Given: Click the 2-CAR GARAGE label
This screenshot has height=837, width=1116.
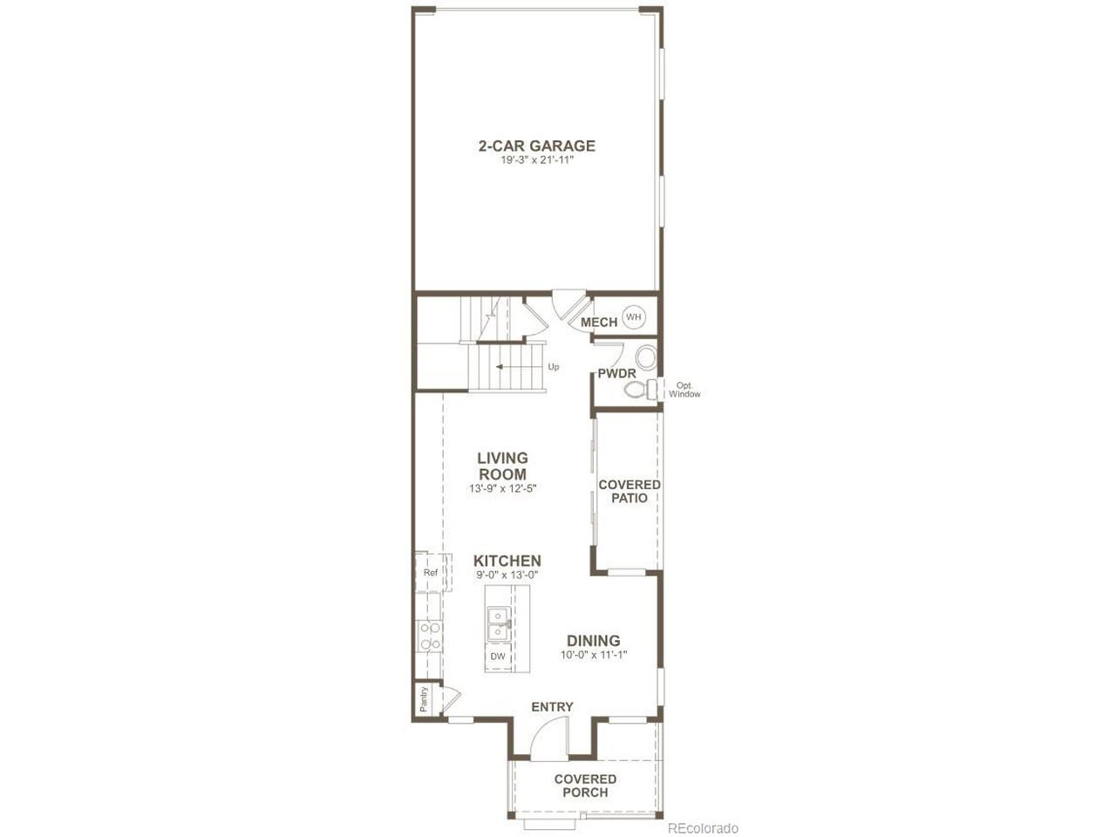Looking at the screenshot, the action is click(536, 146).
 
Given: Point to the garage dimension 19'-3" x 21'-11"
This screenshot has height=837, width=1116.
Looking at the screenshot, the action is click(536, 160).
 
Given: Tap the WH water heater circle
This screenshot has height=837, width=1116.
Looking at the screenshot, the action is click(634, 317).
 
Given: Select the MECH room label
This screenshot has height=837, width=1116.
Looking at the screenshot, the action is click(599, 323).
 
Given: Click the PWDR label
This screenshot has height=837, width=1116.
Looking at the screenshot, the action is click(616, 373).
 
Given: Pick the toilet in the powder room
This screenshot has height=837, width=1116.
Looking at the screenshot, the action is click(640, 390).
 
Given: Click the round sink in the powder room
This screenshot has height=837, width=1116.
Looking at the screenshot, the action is click(646, 357).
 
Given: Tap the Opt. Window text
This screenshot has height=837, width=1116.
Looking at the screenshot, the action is click(684, 390).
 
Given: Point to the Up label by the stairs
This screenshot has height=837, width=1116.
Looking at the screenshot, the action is click(553, 366).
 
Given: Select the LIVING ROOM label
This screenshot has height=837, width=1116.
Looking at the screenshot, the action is click(502, 466).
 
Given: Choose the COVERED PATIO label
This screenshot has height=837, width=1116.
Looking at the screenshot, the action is click(629, 491).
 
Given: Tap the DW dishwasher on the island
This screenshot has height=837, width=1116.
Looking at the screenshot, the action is click(498, 656).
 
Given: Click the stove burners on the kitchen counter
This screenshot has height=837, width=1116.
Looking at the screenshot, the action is click(430, 636).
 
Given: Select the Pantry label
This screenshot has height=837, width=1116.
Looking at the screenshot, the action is click(424, 699).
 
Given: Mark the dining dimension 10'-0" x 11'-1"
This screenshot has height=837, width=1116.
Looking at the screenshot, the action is click(594, 655).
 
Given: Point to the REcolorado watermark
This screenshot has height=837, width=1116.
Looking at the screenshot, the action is click(702, 828).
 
